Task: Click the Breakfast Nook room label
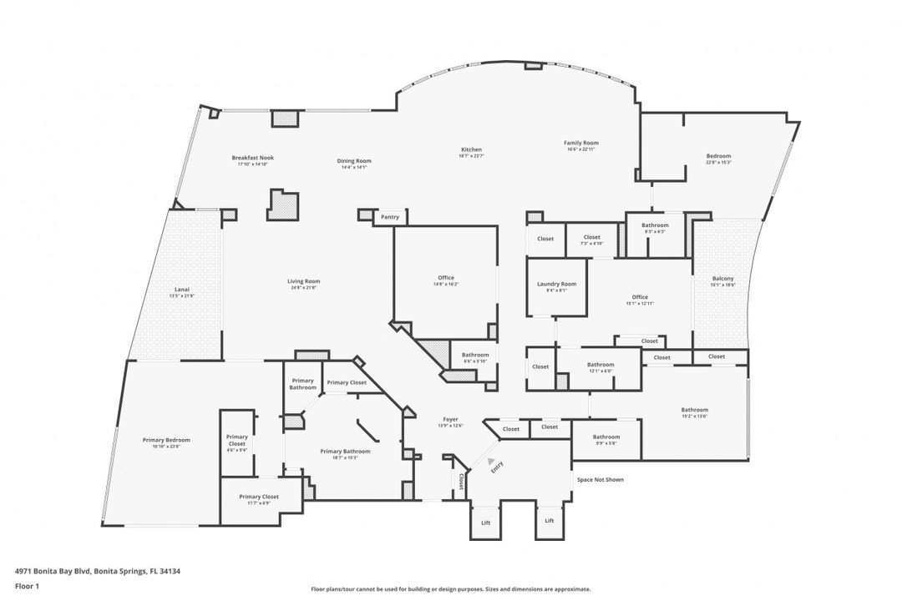(252, 158)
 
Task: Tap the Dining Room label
(354, 161)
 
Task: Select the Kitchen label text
(471, 149)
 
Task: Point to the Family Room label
(580, 143)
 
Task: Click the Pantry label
(389, 217)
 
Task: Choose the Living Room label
(304, 281)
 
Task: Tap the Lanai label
(181, 290)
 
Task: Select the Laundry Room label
(556, 284)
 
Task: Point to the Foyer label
(451, 419)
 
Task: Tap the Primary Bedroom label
(166, 440)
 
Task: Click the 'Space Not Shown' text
(600, 480)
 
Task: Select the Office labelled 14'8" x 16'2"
(445, 278)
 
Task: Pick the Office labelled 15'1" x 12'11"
(640, 297)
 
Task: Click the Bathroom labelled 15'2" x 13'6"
(694, 410)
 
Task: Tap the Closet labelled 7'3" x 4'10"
(591, 237)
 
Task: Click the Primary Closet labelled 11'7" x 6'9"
(259, 497)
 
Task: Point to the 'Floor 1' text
(27, 586)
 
